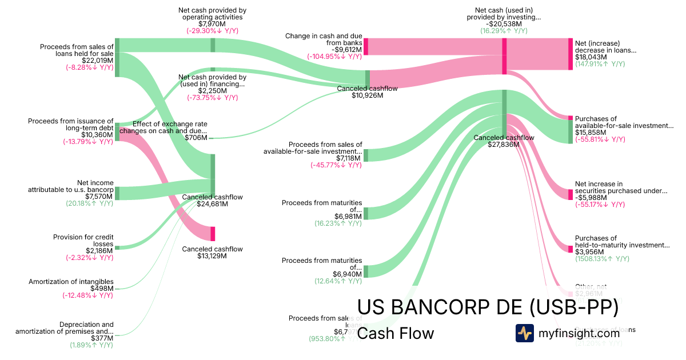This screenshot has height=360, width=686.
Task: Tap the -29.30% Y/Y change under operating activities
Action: [212, 31]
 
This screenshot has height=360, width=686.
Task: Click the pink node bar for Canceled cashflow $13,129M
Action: [213, 234]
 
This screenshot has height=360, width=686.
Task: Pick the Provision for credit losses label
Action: [83, 240]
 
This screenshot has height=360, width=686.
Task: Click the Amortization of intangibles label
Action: [71, 281]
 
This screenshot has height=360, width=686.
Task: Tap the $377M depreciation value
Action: [103, 338]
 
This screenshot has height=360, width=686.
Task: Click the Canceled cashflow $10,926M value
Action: [367, 95]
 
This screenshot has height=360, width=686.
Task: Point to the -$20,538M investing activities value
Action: [504, 24]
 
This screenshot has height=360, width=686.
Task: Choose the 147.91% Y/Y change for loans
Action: [600, 64]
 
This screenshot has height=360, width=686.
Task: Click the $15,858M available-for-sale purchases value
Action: [589, 133]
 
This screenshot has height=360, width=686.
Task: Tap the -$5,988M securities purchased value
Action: [591, 198]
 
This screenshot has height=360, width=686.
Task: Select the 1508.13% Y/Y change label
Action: [602, 259]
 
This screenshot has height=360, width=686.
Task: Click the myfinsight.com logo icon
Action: [525, 333]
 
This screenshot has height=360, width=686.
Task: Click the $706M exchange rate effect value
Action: [196, 138]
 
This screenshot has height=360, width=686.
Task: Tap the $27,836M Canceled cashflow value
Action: [504, 145]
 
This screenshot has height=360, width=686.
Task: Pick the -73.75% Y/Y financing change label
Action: [212, 98]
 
